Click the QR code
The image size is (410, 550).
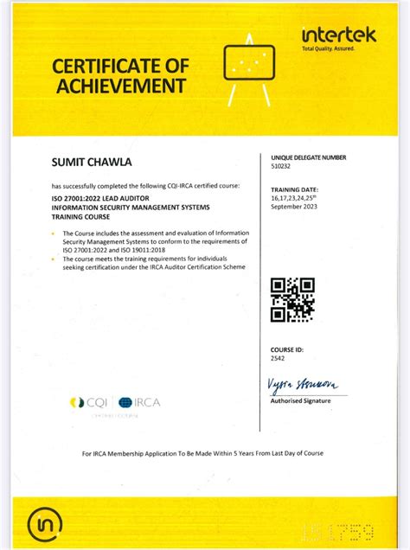point(291,299)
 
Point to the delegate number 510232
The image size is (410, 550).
point(282,166)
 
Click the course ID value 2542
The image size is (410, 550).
point(278,356)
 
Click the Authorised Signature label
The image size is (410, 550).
point(302,400)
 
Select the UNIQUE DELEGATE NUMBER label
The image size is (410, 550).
point(308,158)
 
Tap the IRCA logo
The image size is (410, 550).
point(139,402)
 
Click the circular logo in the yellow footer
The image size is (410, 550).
point(46,523)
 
